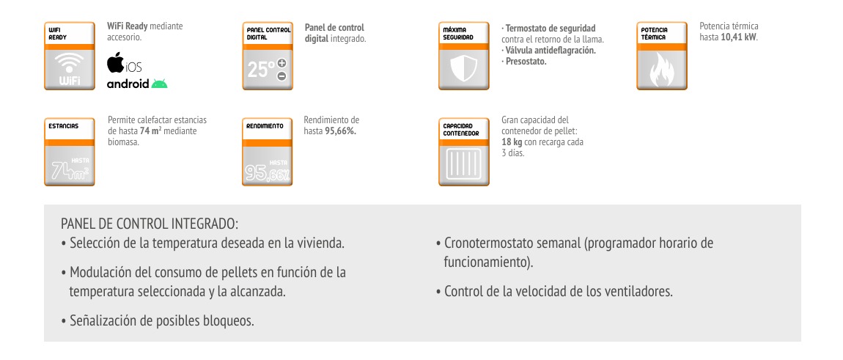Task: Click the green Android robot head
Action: pos(160,84)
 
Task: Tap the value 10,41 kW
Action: pos(740,37)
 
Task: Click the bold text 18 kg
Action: pos(512,142)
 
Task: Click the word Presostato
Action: pos(526,61)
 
